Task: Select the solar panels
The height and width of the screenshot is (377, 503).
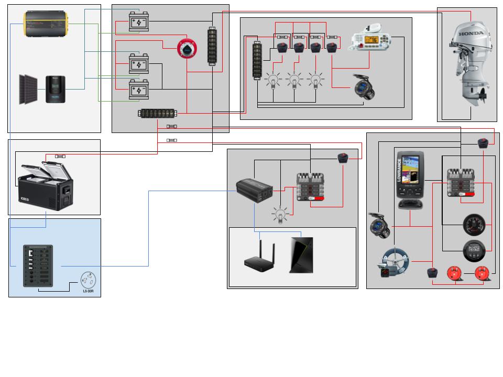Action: [29, 88]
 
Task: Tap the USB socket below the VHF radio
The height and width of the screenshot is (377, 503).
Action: [364, 87]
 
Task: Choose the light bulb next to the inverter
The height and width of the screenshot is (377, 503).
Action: [280, 215]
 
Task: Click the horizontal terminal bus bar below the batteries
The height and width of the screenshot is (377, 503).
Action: [158, 114]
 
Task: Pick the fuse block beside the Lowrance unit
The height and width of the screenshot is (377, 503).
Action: [461, 183]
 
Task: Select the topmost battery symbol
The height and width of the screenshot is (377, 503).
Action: [139, 22]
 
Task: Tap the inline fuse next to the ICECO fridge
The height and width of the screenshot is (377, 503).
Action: [60, 156]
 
